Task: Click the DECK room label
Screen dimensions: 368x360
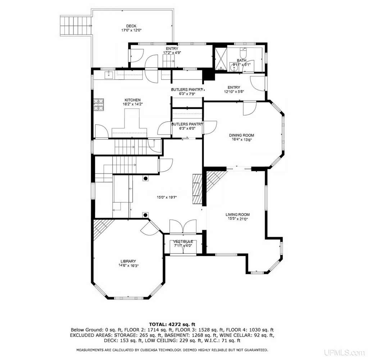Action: [x=131, y=26]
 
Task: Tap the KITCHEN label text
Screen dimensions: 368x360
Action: [x=133, y=100]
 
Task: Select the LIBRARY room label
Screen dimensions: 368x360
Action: [x=128, y=261]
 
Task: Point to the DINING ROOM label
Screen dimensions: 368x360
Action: [x=241, y=135]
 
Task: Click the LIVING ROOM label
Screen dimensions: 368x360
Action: [x=237, y=215]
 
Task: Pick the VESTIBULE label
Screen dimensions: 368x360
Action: [x=183, y=242]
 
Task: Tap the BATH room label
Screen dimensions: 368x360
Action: [x=241, y=60]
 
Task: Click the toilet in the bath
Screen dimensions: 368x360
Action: [x=243, y=53]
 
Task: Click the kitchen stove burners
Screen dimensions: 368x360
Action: [x=99, y=105]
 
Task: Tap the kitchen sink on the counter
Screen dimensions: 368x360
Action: [x=109, y=75]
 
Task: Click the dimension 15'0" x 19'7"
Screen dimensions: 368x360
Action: [x=167, y=198]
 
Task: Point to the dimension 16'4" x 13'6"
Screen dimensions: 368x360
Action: [x=241, y=139]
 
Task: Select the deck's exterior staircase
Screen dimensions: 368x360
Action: [x=76, y=26]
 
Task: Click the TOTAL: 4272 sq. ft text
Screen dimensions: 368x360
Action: [x=172, y=325]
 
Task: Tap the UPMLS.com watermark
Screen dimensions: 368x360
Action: [x=344, y=352]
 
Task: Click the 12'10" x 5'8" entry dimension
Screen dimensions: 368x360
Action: [x=234, y=91]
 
